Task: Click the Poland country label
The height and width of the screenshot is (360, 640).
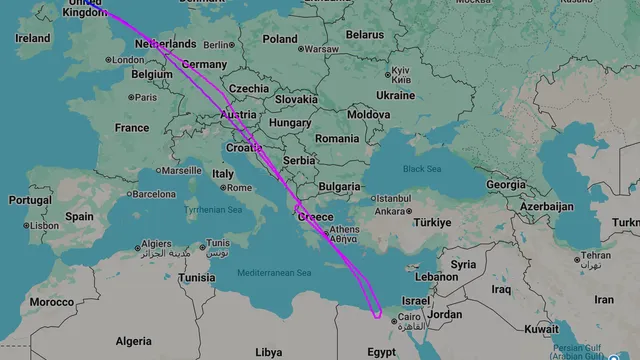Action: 280,39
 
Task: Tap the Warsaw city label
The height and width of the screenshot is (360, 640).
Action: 322,49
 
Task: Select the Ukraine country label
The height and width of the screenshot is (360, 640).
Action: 395,96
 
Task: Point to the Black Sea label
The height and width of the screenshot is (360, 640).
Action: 421,169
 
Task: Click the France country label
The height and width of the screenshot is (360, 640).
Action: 131,128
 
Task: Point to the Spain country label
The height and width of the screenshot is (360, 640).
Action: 79,216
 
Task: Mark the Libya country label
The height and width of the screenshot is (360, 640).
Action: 268,352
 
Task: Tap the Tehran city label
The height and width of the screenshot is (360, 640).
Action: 598,255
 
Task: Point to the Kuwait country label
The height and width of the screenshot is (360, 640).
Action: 541,329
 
